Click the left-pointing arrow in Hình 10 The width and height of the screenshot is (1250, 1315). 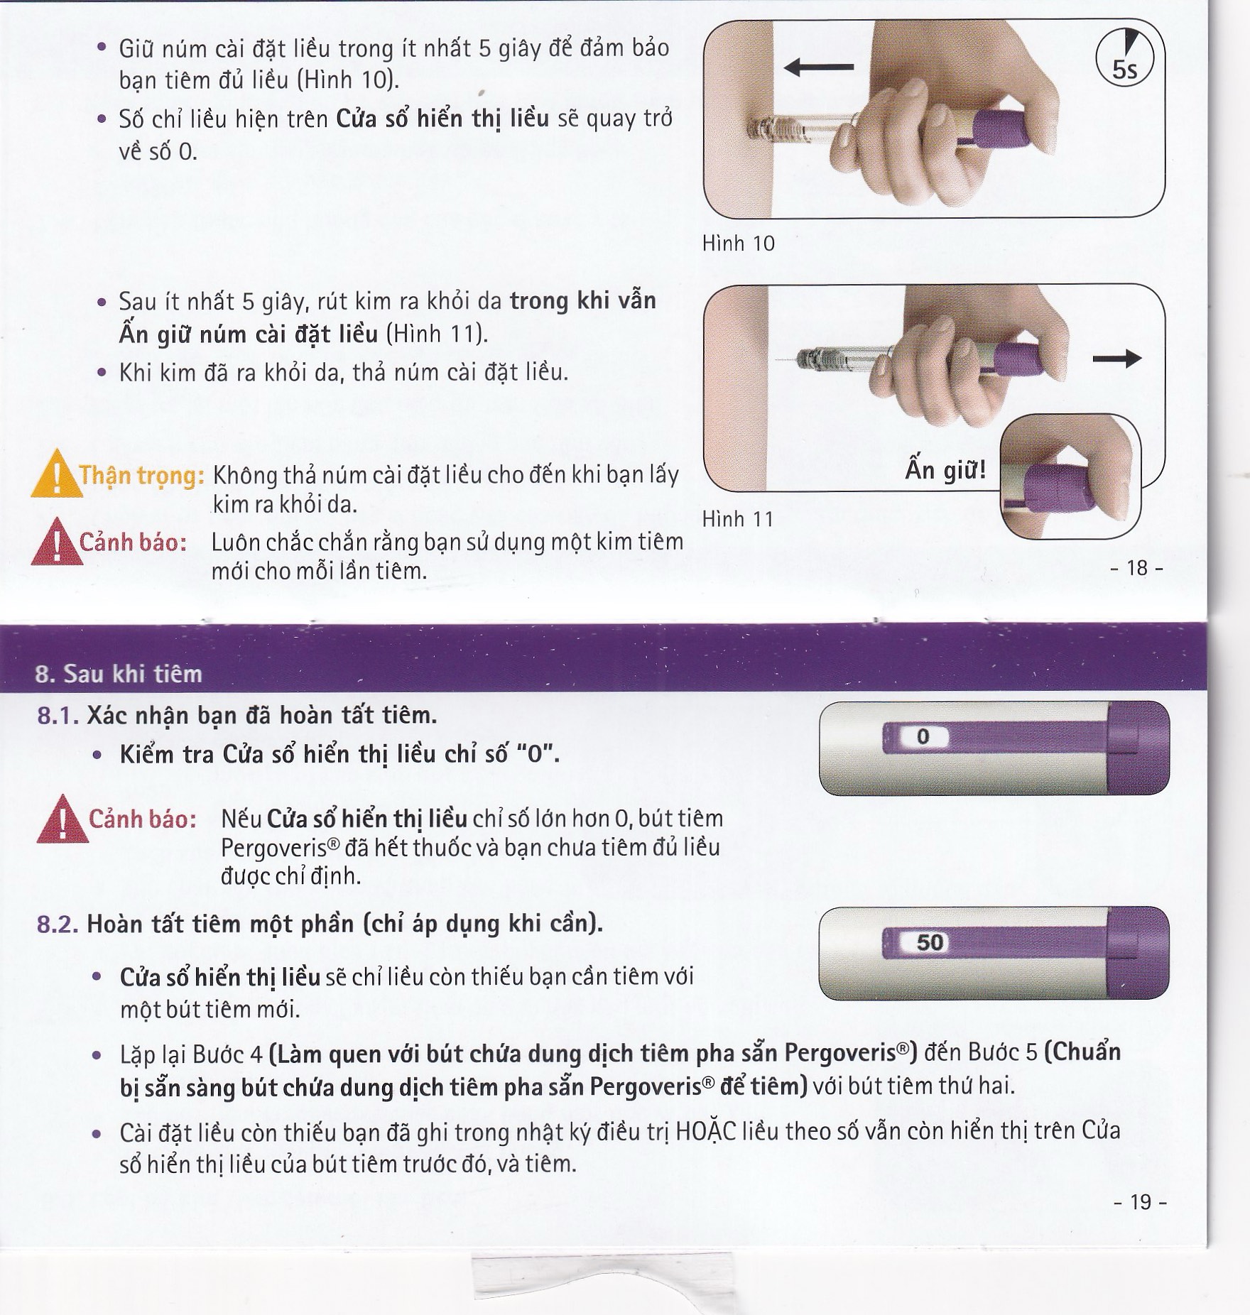(x=818, y=67)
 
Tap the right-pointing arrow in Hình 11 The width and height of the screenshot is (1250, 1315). (x=1116, y=359)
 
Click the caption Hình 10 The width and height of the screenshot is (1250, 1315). (x=738, y=244)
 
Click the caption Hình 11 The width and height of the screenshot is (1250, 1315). (x=737, y=519)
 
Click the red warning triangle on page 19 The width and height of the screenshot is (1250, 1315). (x=62, y=819)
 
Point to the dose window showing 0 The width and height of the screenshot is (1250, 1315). (x=923, y=737)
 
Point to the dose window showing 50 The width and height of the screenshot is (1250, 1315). (x=930, y=942)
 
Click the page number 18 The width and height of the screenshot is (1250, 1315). (x=1137, y=568)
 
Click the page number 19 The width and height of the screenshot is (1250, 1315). (x=1140, y=1202)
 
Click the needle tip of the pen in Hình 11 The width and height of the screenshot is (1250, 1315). (x=778, y=361)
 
